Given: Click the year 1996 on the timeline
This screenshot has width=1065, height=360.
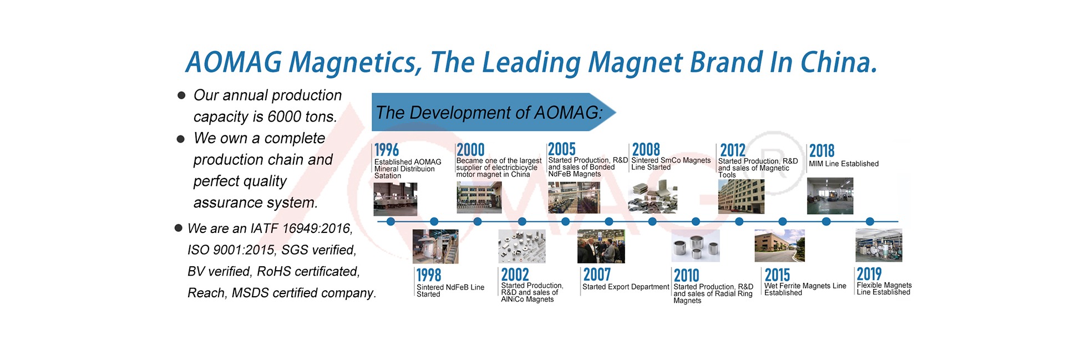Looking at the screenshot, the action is pos(387,150).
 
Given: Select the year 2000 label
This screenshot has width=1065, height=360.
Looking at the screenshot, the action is pos(470,150).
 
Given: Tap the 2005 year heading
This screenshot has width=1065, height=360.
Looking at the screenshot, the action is pos(562,149).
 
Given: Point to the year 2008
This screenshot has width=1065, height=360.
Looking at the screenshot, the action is pos(646,150).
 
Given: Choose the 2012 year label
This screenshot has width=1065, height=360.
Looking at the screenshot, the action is pos(733,150).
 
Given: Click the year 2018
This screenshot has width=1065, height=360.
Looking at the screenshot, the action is pos(821,151).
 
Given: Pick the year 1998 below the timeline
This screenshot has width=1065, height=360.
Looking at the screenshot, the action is pos(429,275).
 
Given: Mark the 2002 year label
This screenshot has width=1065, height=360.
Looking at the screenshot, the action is pos(515,275).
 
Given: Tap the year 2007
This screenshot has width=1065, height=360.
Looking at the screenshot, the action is pos(597,275).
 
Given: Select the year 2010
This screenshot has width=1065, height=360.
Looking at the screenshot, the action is pos(687,276).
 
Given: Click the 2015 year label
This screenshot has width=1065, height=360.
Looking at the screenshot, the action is pos(777,275).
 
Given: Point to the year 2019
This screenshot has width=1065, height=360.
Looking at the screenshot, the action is pos(869,274).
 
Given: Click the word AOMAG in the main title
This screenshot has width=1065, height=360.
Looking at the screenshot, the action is pos(234,62).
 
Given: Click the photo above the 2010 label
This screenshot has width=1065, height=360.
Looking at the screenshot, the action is pos(696,246).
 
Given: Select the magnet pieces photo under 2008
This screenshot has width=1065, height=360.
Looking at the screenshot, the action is pos(652,197).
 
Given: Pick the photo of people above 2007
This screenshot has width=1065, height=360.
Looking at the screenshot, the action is pos(601,246).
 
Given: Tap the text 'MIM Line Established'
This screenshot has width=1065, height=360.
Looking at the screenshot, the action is pos(844,164).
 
